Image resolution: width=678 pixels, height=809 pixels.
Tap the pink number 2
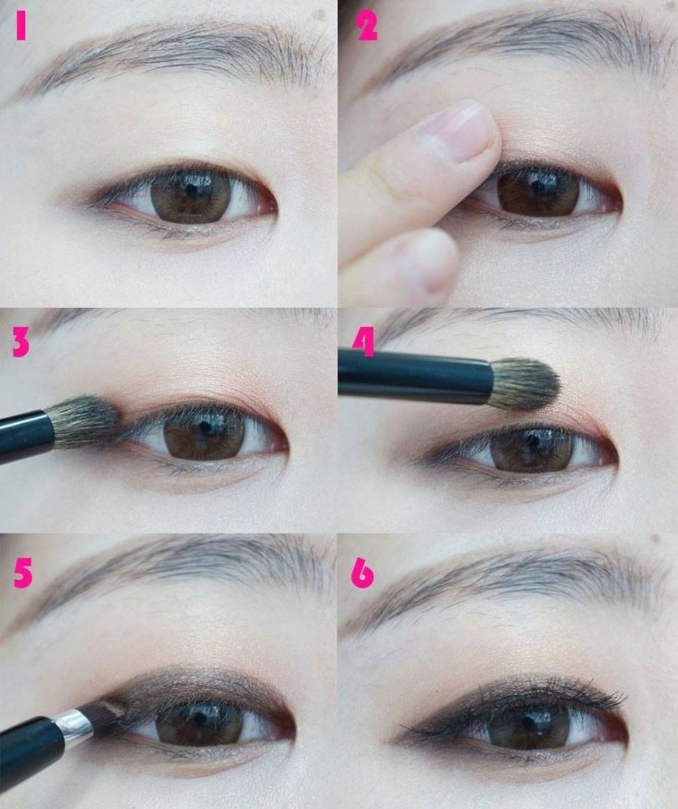click(x=367, y=26)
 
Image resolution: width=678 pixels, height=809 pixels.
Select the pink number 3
click(x=21, y=342)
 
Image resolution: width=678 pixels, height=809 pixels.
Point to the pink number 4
click(x=363, y=342)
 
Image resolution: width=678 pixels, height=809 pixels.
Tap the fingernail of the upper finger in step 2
click(x=458, y=132)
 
